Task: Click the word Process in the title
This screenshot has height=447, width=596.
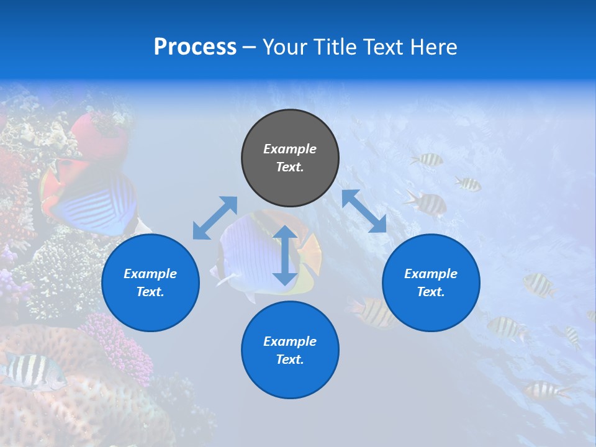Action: point(195,47)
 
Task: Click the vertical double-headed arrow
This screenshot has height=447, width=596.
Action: point(285,255)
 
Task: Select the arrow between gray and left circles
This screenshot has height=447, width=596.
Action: point(215,218)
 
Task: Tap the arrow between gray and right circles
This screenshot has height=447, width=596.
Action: point(364,211)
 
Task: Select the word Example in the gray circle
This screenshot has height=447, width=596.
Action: point(290,149)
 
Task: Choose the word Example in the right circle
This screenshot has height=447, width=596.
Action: point(431,274)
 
